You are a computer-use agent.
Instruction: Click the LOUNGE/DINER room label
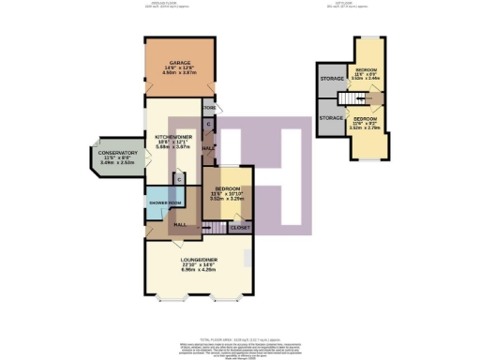click(x=198, y=259)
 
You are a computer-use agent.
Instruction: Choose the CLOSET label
click(x=241, y=227)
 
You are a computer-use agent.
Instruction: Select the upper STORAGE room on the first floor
click(x=330, y=79)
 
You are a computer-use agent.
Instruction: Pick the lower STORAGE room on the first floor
click(x=330, y=118)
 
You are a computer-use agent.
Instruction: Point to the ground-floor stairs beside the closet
click(x=219, y=228)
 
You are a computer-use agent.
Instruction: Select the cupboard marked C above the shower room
click(x=178, y=179)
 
